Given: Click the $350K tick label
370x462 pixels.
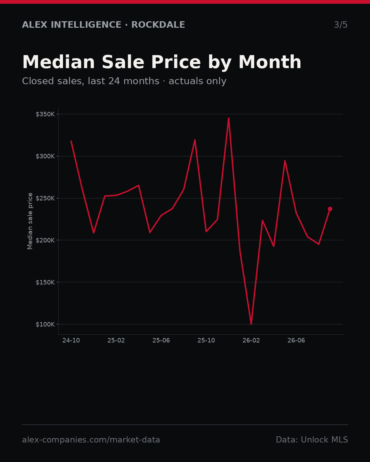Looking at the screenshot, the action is [45, 114].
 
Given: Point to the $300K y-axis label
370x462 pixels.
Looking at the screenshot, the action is [45, 156].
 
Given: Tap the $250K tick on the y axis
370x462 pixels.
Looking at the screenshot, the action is [45, 198].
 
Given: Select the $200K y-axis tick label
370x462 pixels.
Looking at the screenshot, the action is [45, 240].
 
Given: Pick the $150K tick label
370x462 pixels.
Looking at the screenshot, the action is [45, 282].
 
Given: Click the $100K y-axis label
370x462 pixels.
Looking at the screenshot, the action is [45, 324].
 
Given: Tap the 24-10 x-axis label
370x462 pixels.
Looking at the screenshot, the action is [71, 341].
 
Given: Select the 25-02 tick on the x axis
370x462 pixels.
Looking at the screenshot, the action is [116, 341].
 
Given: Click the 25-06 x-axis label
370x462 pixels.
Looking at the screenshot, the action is [161, 341].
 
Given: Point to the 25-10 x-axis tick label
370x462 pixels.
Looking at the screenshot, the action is [206, 341].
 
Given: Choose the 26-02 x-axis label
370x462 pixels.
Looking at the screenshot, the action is [251, 341].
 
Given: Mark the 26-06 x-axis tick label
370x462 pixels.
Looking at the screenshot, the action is [296, 341].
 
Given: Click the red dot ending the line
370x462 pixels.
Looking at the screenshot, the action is [330, 209].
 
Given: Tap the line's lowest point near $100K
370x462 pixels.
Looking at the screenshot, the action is [251, 324].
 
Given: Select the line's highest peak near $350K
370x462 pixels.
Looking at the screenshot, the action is [229, 118].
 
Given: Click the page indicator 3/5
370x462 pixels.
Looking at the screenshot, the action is [341, 25].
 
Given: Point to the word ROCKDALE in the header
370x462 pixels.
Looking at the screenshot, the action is [158, 25].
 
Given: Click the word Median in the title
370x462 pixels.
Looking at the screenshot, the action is [59, 62].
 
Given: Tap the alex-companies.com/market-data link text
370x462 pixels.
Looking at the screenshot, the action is [91, 440].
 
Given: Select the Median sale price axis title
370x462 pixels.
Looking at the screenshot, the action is [30, 221].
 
